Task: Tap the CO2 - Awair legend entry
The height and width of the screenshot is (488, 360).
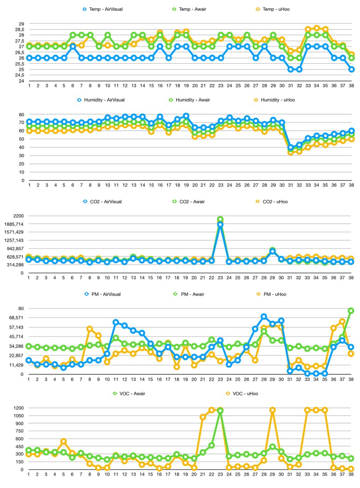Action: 189,202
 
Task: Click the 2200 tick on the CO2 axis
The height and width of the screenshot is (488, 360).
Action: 18,216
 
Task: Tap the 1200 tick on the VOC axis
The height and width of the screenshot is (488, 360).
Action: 18,408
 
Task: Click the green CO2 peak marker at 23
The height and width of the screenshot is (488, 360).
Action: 220,219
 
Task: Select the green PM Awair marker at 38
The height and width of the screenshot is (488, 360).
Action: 351,310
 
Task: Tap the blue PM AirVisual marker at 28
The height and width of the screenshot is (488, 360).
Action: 264,316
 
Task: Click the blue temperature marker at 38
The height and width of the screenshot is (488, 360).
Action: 351,69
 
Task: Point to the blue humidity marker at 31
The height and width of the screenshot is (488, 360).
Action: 290,147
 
